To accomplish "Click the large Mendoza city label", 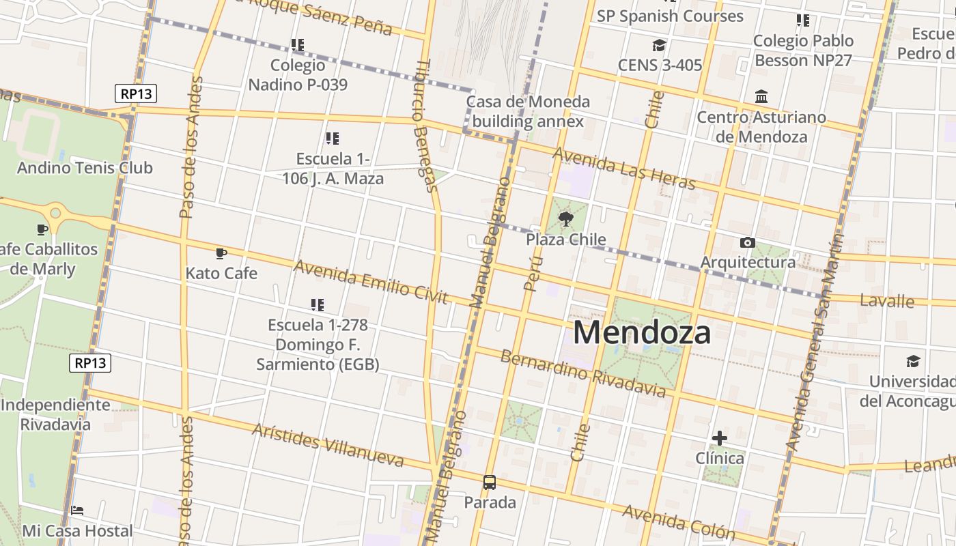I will point(641,332).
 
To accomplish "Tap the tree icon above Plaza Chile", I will point(565,219).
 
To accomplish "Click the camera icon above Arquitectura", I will point(748,242).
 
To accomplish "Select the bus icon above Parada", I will point(490,483).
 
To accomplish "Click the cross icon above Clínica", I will point(719,437).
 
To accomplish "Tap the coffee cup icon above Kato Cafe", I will point(221,253).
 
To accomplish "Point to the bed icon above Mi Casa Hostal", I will point(77,511).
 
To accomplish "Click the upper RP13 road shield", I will point(135,94).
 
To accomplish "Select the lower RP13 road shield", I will point(90,362).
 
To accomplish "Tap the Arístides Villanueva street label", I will point(328,445).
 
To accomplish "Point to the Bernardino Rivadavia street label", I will point(582,373).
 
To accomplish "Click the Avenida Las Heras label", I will point(623,169).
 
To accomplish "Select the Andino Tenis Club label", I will point(85,168).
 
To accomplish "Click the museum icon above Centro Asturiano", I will point(761,97).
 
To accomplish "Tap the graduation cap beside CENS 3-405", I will point(659,46).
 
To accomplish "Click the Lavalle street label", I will point(886,301).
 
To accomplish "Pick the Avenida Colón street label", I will point(678,523).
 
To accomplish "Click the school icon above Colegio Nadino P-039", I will point(297,45).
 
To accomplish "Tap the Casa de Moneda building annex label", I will point(528,112).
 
